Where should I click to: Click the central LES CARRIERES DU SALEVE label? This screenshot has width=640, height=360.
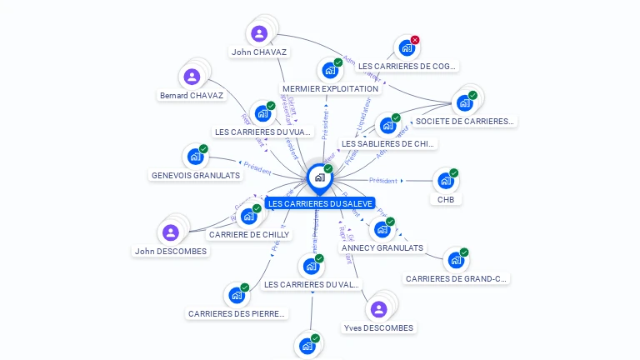(320, 203)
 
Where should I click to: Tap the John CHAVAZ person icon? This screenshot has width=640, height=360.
(259, 34)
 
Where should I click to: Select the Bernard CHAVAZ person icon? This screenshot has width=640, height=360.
(192, 77)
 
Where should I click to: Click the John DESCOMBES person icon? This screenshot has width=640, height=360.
(170, 232)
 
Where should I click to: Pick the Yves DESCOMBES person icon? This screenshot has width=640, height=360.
(378, 310)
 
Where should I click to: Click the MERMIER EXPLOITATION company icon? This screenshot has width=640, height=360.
(330, 71)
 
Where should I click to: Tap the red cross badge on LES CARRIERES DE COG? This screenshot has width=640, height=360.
(415, 40)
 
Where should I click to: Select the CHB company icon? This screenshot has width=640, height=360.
(445, 181)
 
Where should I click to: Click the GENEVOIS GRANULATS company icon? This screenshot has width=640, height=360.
(195, 157)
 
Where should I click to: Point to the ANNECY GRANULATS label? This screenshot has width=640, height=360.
(382, 247)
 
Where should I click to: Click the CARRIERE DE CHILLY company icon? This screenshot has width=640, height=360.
(248, 217)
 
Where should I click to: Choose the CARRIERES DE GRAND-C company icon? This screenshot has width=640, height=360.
(455, 260)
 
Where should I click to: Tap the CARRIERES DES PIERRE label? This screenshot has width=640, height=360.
(237, 313)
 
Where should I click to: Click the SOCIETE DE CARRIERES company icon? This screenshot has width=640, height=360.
(464, 103)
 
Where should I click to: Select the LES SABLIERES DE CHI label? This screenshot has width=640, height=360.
(388, 143)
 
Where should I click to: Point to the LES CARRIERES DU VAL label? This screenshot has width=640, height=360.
(312, 284)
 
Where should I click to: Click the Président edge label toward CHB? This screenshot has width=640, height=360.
(383, 180)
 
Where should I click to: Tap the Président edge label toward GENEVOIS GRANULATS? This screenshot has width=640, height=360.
(257, 170)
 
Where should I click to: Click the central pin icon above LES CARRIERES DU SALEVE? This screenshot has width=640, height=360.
(319, 177)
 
